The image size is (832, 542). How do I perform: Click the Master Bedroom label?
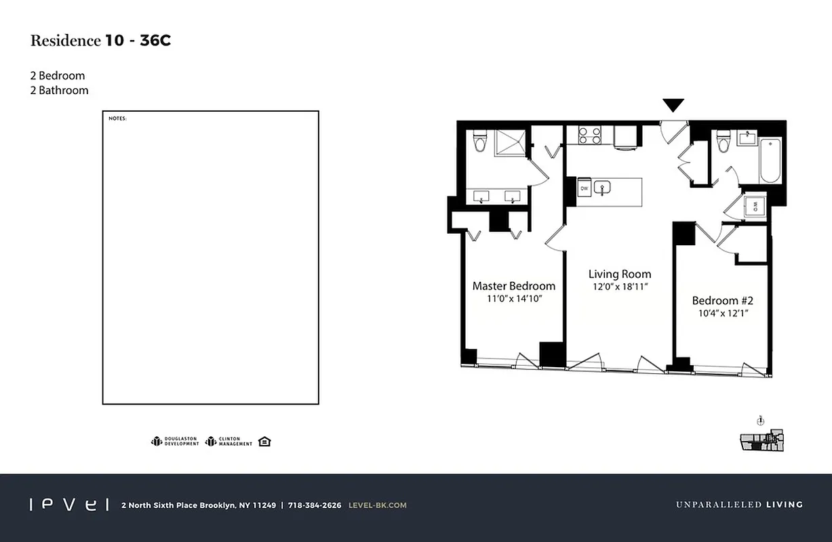click(513, 286)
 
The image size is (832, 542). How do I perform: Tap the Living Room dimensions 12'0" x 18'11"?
click(620, 287)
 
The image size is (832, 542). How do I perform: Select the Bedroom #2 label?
click(722, 300)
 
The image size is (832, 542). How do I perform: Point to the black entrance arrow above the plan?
click(673, 105)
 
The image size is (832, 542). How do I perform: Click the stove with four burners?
click(589, 135)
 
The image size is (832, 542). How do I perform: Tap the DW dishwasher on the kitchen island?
click(582, 188)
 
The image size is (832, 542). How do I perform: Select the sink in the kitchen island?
click(602, 188)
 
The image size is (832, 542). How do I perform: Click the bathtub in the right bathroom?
click(770, 161)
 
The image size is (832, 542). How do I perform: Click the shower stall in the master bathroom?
click(510, 143)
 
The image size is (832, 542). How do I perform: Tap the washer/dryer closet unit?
click(755, 205)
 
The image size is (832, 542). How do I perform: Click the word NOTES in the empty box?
click(117, 119)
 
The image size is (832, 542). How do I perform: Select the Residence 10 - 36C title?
click(100, 41)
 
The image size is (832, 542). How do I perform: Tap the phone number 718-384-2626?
click(315, 505)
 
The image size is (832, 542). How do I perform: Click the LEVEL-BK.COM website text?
click(377, 505)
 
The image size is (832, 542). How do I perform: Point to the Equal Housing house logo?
click(264, 442)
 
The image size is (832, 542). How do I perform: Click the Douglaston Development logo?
click(174, 442)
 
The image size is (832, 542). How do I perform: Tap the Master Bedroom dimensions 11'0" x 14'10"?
click(513, 299)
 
